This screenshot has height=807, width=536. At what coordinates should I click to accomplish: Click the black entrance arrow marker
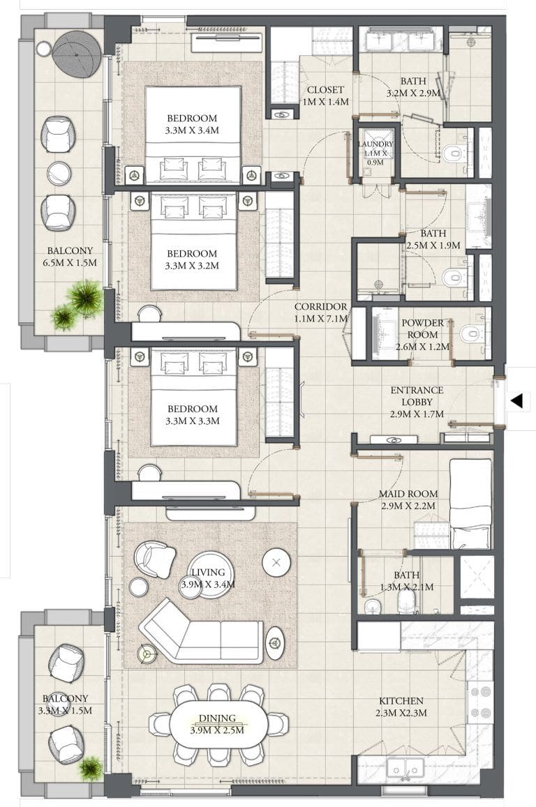tap(516, 401)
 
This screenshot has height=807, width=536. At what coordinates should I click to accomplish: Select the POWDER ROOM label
tap(422, 334)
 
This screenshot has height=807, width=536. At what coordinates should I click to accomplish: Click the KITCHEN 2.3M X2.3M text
tap(401, 707)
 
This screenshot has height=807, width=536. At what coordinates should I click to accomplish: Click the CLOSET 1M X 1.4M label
tap(325, 96)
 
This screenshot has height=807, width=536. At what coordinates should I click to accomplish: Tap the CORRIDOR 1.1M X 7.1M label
tap(320, 312)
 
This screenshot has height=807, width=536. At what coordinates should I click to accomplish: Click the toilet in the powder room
tap(472, 334)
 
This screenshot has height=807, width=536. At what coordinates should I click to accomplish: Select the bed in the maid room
tap(471, 503)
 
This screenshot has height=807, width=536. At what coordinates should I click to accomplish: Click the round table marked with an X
tap(277, 561)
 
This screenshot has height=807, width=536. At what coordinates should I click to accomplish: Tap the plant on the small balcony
tap(90, 769)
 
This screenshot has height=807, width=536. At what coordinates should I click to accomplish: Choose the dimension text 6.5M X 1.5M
tap(70, 263)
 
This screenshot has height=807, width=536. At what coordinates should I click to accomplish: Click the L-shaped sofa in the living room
tap(202, 631)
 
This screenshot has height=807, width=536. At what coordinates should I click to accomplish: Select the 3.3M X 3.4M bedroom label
tap(192, 124)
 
